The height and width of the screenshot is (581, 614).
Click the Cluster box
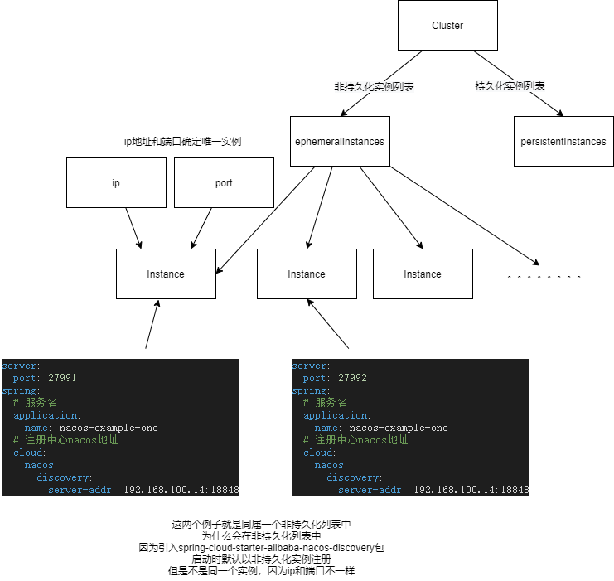tap(447, 26)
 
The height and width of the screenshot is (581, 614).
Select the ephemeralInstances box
tap(340, 142)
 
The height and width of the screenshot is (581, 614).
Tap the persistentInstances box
tap(563, 142)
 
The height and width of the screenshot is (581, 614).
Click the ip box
tap(116, 183)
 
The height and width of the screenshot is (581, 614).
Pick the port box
tap(224, 183)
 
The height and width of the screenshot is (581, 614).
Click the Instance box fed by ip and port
tap(166, 274)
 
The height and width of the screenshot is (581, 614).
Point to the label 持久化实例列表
tap(510, 86)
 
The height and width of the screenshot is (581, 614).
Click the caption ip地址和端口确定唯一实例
tap(181, 142)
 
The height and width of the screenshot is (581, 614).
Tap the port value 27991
tap(62, 378)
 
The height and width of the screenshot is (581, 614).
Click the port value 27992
tap(352, 378)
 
